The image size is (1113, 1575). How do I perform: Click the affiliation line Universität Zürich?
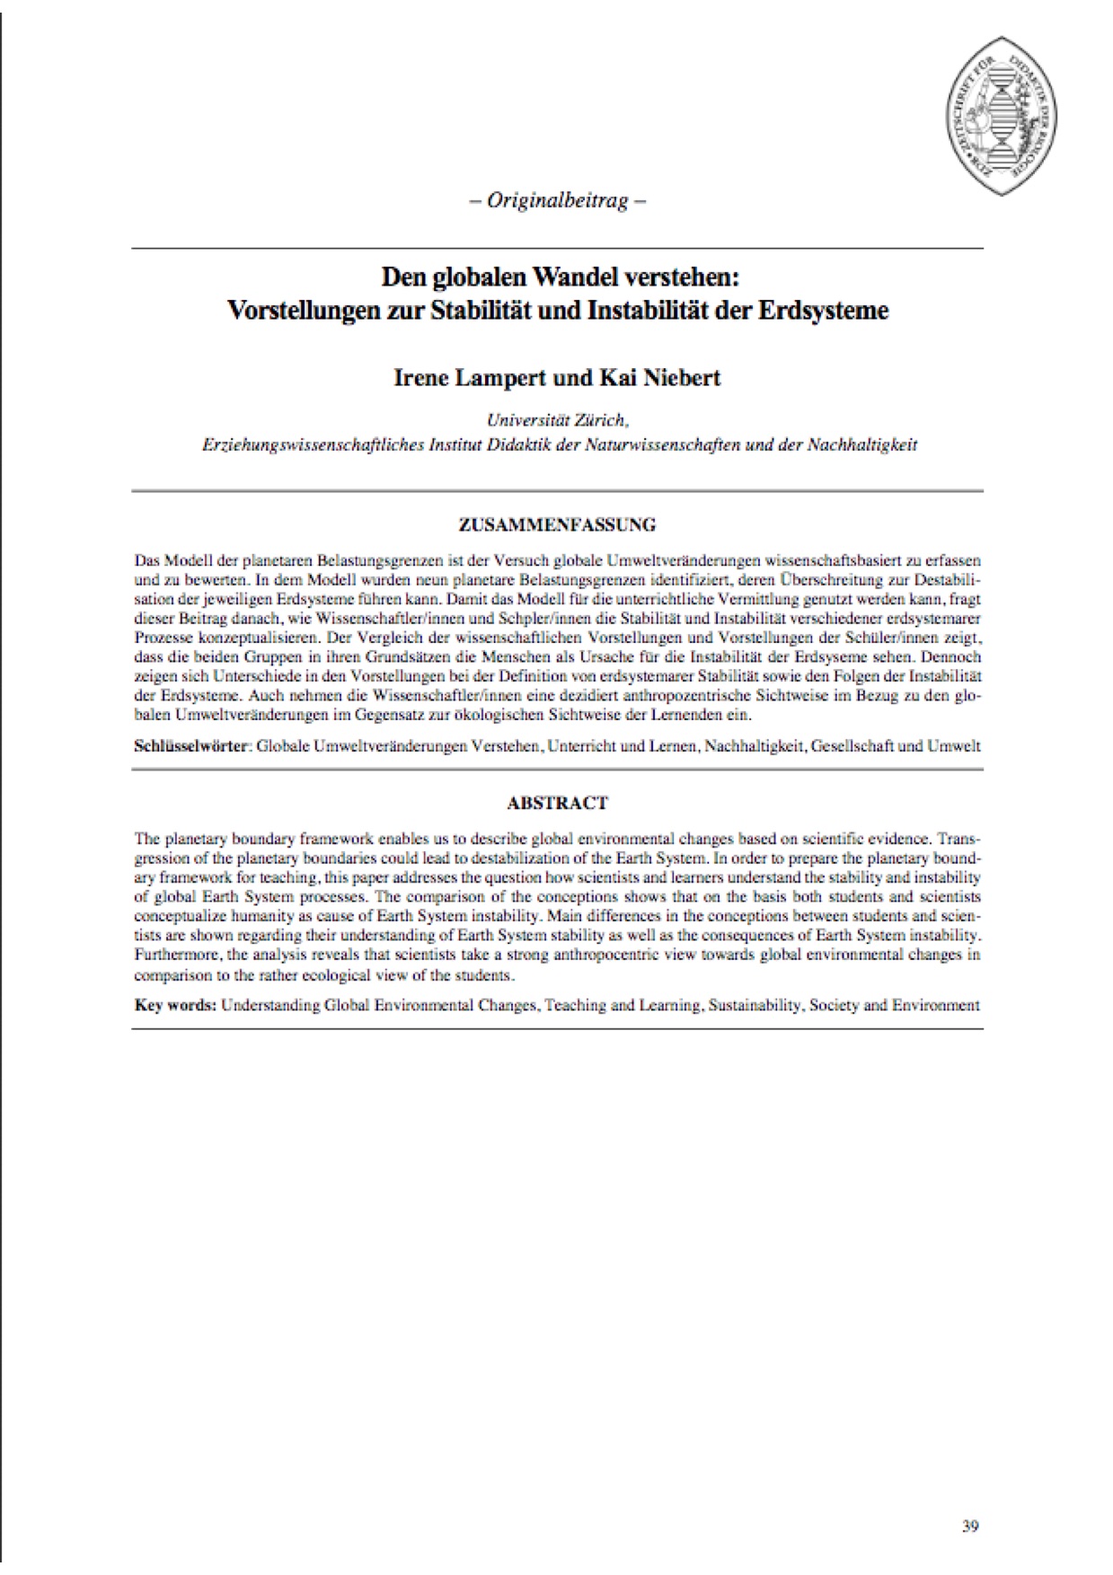point(557,420)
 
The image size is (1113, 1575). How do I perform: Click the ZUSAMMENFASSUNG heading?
point(557,524)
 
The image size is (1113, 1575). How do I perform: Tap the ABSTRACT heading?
point(557,803)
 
